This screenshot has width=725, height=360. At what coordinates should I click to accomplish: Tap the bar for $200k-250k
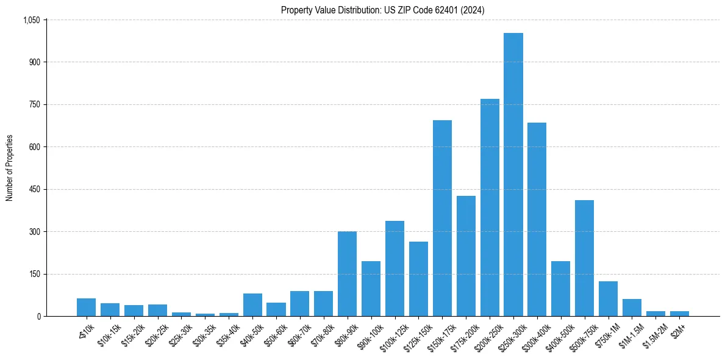[490, 207]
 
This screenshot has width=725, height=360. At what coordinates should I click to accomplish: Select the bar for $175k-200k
[466, 256]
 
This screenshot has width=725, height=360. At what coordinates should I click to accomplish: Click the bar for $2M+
[679, 314]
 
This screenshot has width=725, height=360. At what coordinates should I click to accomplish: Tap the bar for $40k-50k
[252, 305]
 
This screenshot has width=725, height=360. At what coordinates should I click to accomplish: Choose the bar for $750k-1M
[608, 299]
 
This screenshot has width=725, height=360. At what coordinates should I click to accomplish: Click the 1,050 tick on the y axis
[32, 20]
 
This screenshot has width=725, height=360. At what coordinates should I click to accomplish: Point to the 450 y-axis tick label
[35, 189]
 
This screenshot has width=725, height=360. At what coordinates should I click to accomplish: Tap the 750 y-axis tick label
[35, 104]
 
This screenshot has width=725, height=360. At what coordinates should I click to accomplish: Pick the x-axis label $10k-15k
[109, 331]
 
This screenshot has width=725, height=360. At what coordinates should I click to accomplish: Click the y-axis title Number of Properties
[9, 168]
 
